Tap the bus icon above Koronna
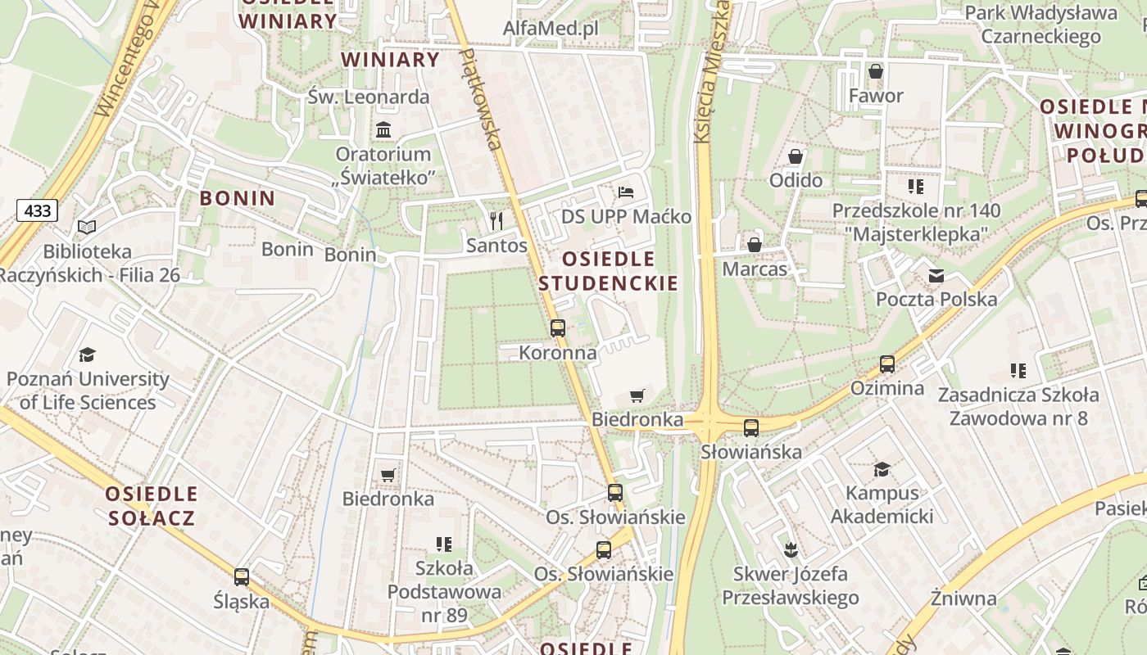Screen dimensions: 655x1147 [x=558, y=328]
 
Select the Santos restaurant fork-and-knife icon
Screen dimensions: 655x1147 [x=496, y=220]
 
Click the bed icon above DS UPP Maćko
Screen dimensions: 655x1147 [x=626, y=192]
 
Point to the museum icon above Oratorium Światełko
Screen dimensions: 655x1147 [x=383, y=129]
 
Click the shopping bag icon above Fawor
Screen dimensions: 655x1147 [x=876, y=71]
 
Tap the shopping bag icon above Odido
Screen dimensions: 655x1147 [x=795, y=156]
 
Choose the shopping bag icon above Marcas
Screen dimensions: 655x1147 [x=755, y=244]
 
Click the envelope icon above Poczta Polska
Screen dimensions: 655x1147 [x=936, y=275]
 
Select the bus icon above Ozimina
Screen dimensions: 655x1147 [x=886, y=364]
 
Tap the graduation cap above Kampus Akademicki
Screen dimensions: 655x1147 [x=882, y=469]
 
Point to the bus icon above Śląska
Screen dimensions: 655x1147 [x=242, y=576]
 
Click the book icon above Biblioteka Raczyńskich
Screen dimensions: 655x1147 [x=87, y=227]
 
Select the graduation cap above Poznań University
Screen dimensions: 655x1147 [x=87, y=355]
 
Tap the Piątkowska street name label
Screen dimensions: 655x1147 [x=481, y=98]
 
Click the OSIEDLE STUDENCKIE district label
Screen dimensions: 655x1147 [x=609, y=271]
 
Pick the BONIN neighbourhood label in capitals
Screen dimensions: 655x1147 [x=238, y=198]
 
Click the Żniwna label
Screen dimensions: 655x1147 [x=963, y=598]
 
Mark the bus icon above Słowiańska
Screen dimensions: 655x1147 [x=750, y=427]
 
